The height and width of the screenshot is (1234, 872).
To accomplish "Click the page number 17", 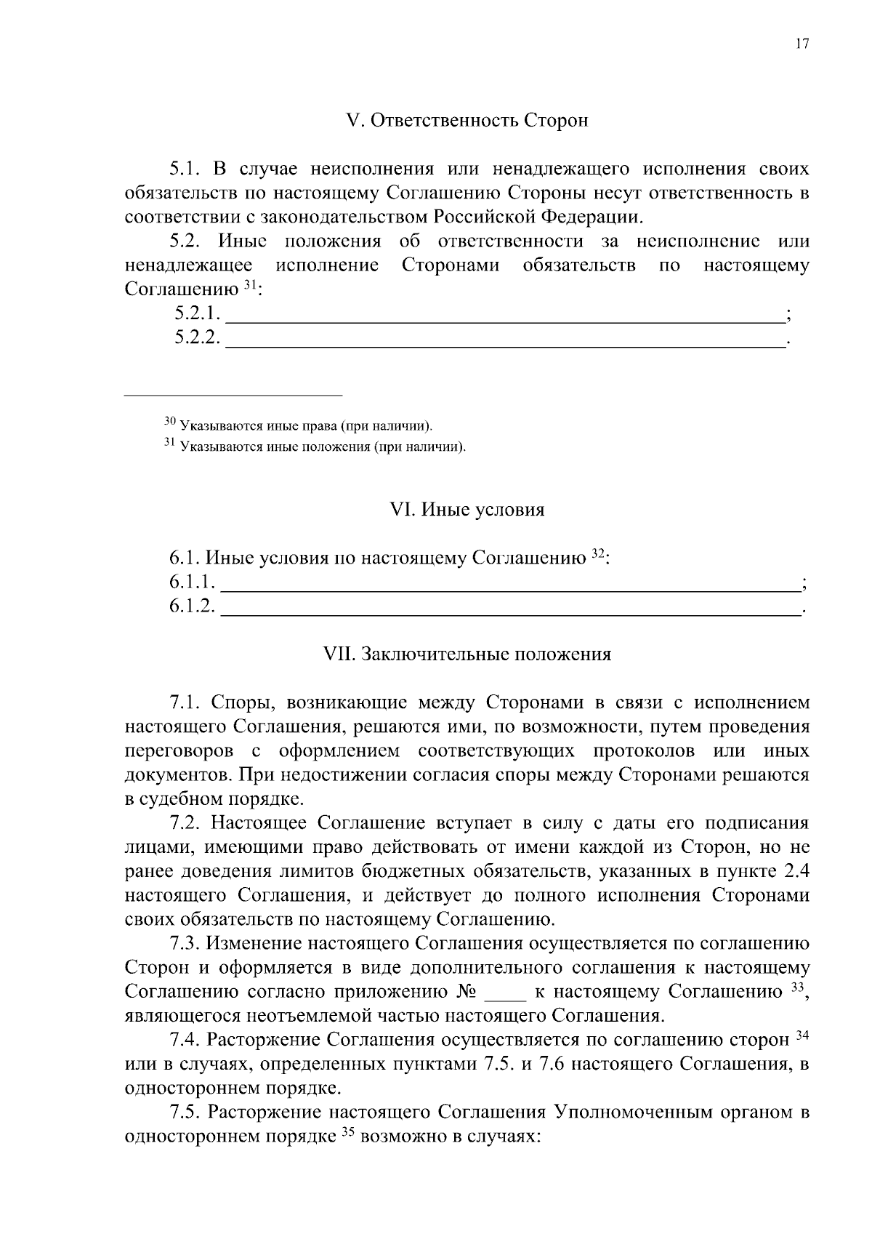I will (x=802, y=44).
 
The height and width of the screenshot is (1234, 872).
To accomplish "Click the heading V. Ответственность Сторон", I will (x=467, y=121).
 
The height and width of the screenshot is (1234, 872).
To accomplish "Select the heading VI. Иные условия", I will (x=467, y=510).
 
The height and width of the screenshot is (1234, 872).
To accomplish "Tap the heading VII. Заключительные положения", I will (x=467, y=654).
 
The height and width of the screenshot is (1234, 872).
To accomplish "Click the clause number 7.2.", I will (x=185, y=823).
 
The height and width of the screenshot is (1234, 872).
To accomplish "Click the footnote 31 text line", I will (x=315, y=446).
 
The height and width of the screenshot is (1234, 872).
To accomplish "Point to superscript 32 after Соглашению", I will (x=597, y=554).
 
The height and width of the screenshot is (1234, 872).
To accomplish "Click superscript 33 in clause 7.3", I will (x=797, y=987).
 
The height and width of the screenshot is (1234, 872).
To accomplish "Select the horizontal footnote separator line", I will (x=233, y=395).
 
